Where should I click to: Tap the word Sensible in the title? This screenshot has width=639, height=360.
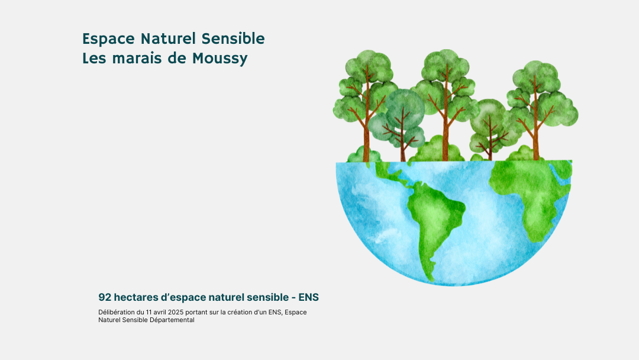[x=233, y=38]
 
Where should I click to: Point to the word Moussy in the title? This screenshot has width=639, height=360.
[x=220, y=59]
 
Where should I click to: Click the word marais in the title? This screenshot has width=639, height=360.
[x=137, y=58]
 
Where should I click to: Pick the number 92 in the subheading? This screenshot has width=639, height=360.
[x=105, y=297]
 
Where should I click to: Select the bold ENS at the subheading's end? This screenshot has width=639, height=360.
[x=308, y=297]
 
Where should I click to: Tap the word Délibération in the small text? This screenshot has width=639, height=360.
[x=116, y=312]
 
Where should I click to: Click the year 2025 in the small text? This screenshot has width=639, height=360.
[x=176, y=312]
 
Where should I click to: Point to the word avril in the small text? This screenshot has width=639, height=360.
[x=160, y=312]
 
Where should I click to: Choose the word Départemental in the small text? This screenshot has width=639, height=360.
[x=172, y=320]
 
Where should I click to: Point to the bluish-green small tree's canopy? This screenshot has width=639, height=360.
[x=404, y=110]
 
